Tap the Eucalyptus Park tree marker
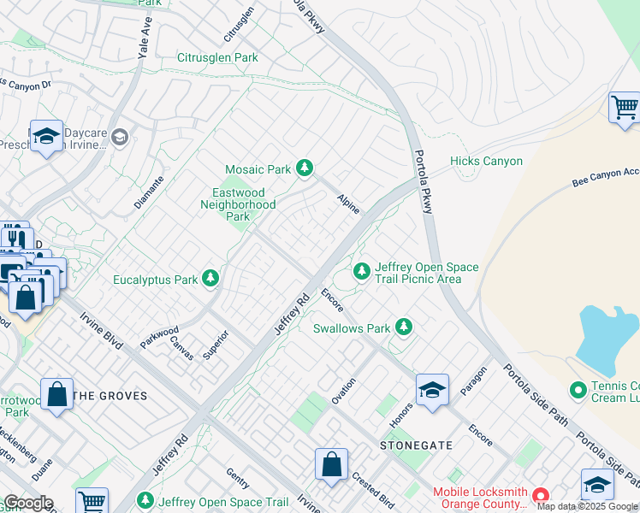click(x=210, y=279)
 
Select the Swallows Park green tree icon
click(x=403, y=327)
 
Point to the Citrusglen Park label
click(x=217, y=58)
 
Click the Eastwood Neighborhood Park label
click(x=238, y=204)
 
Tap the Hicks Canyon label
click(x=486, y=161)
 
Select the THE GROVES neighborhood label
click(x=110, y=396)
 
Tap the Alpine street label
click(x=348, y=203)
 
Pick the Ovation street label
click(x=343, y=390)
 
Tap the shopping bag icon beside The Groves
click(x=56, y=394)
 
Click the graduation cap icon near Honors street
click(x=432, y=389)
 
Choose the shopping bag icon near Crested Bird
click(x=331, y=465)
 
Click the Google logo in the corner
click(x=27, y=504)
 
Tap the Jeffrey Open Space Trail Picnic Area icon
click(x=362, y=272)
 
